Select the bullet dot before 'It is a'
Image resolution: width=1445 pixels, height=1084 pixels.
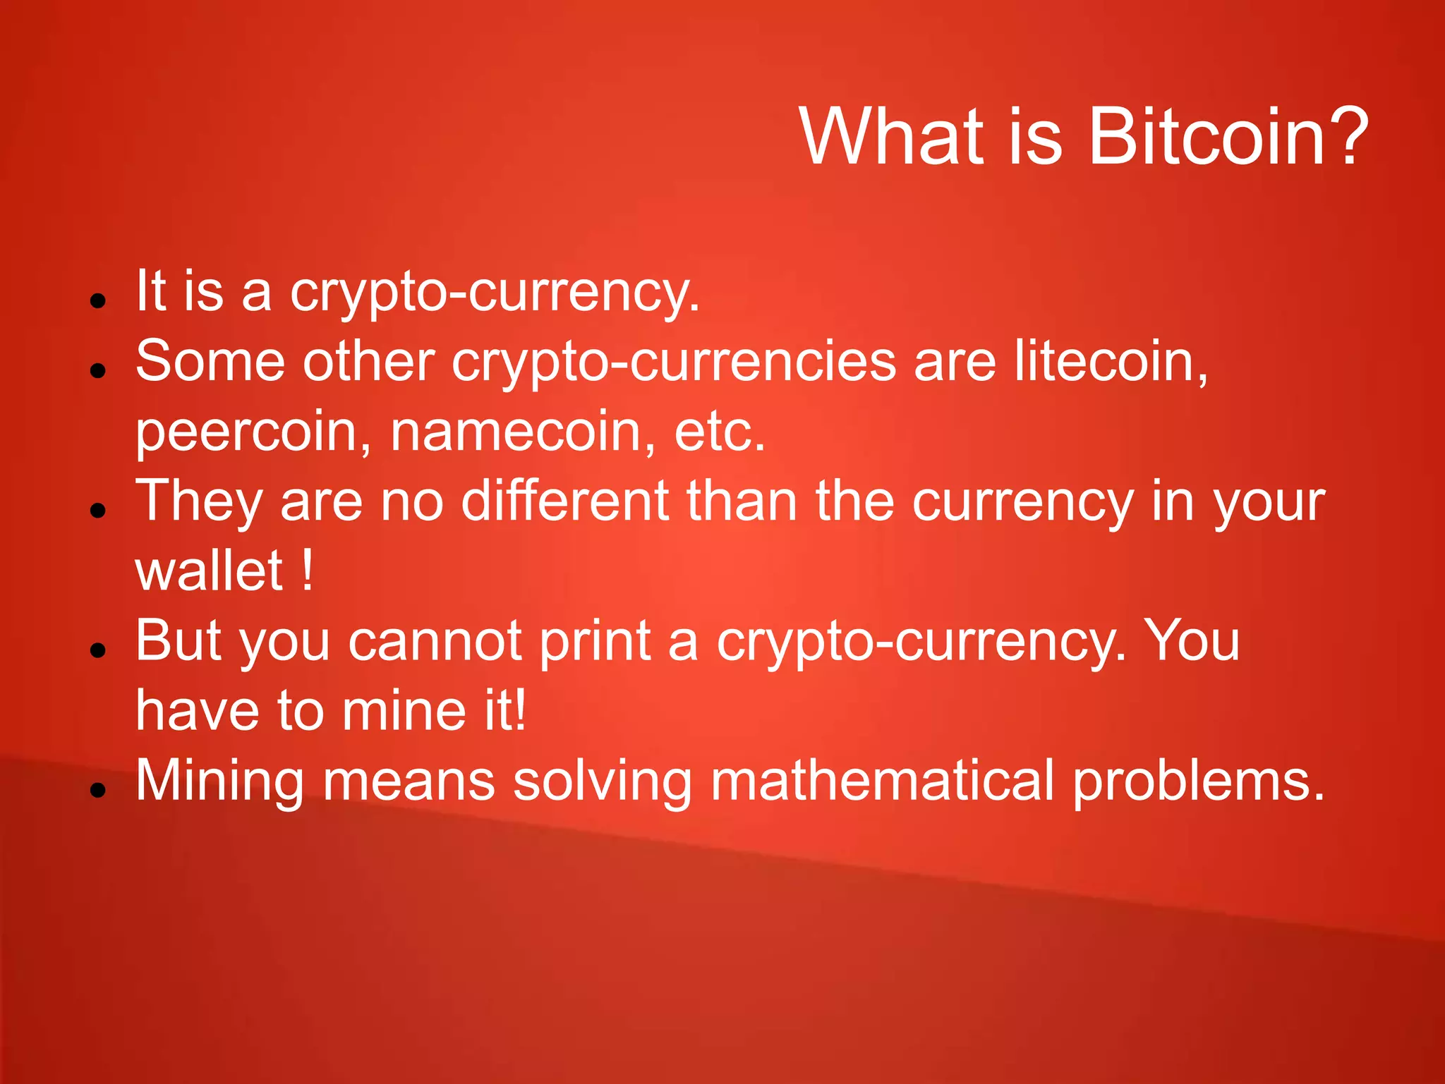pos(98,300)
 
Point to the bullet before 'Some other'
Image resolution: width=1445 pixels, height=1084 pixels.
pos(98,370)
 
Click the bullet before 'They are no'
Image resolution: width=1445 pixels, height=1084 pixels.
pos(98,510)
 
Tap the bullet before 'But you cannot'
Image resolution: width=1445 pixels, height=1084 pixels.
pos(98,650)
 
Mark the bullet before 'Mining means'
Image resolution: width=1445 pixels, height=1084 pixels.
pos(98,790)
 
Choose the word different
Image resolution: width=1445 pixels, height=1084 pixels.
pos(564,501)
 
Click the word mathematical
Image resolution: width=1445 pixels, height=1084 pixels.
pos(882,781)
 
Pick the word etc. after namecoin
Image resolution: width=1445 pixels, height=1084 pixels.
pos(720,431)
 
